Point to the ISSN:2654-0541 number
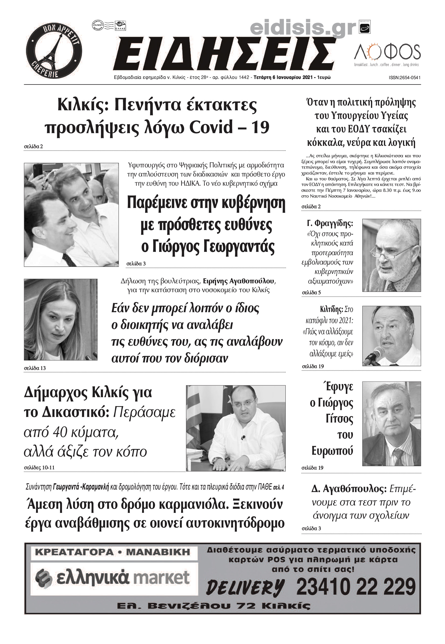405,78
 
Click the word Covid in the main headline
211,127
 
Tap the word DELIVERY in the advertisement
245,587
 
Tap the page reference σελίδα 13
35,368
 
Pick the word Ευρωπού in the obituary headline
332,451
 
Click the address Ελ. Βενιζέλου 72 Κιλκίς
214,606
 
